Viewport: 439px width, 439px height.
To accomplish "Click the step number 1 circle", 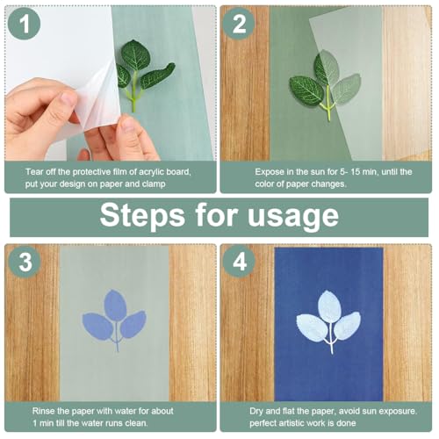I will [24, 25].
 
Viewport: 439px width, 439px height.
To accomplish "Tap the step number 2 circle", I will [240, 25].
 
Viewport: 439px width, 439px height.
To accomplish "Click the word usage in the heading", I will [293, 215].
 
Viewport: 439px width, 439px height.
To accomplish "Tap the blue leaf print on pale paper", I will [115, 316].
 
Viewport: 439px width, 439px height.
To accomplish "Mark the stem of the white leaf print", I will [330, 342].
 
